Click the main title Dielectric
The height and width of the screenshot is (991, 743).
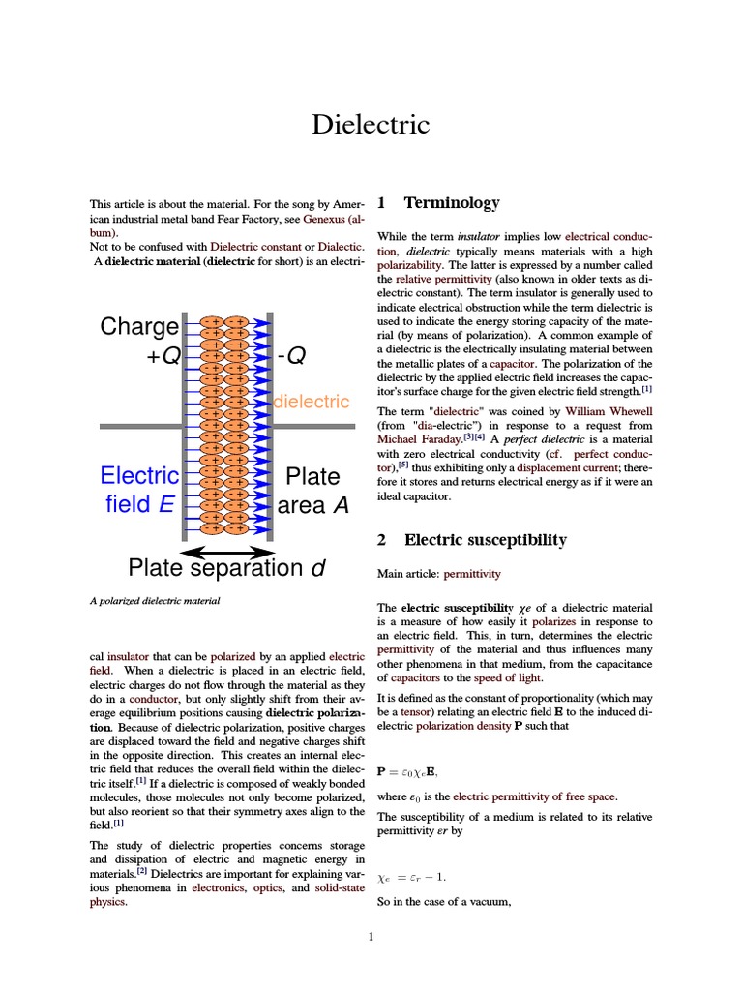coord(371,125)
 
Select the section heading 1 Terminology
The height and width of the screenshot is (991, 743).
coord(438,203)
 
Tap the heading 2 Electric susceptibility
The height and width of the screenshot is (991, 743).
coord(471,540)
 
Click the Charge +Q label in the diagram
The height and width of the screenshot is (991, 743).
coord(140,341)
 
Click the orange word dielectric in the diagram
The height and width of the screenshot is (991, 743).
coord(312,402)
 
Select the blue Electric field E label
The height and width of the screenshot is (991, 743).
coord(140,490)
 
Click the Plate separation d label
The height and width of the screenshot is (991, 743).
coord(227,568)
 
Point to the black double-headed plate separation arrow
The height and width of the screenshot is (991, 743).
coord(227,551)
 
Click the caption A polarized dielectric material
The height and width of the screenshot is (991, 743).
coord(155,601)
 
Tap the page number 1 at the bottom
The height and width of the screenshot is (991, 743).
coord(371,936)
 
